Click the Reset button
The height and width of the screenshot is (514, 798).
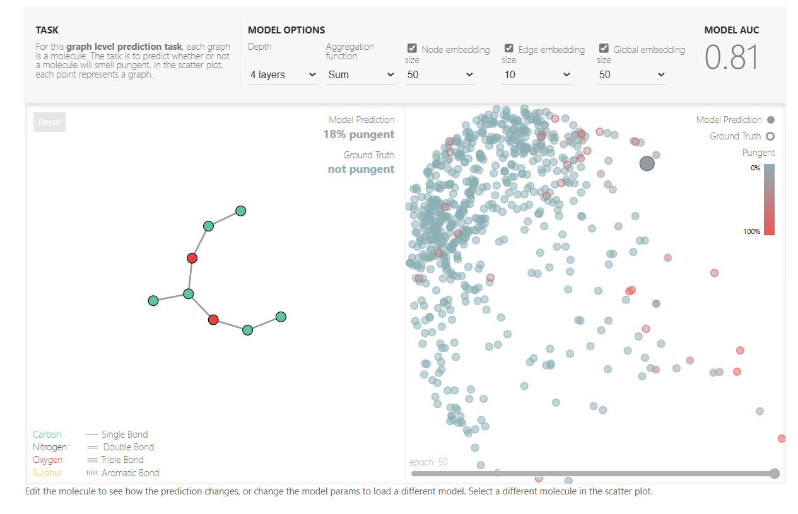point(49,122)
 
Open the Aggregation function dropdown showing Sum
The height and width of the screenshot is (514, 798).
point(361,75)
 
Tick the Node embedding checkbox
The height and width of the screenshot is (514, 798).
point(412,49)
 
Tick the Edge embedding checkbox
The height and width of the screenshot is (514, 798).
point(509,49)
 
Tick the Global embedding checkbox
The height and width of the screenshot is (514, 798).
point(604,49)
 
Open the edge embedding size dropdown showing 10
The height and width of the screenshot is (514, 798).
point(537,75)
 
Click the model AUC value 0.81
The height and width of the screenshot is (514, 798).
point(731,57)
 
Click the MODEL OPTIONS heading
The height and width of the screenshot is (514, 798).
point(286,30)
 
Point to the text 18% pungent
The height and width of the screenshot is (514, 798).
point(358,134)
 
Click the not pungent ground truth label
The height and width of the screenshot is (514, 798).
point(361,169)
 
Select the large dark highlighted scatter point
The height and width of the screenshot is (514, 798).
point(647,164)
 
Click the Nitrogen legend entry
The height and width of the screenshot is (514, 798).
point(49,447)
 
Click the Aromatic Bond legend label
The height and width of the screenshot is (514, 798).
point(130,473)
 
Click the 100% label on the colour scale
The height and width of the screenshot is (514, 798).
point(751,231)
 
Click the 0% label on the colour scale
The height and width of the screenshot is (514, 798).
point(754,168)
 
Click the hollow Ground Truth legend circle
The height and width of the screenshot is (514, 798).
point(770,136)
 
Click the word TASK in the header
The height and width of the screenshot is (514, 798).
point(47,30)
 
